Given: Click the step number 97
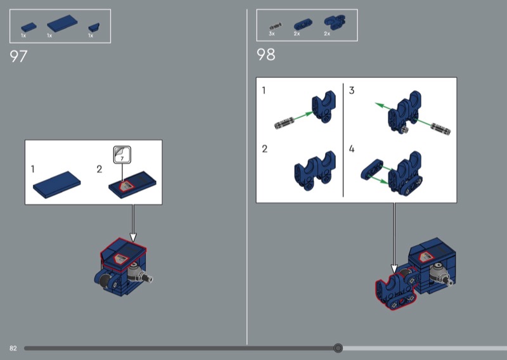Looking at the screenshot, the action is tap(18, 56).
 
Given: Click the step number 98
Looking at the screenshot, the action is tap(266, 55).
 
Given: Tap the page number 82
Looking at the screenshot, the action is tap(13, 348).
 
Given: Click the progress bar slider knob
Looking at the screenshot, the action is tap(338, 348).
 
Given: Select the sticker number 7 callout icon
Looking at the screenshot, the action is tap(122, 155).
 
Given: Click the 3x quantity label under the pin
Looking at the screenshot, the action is tap(272, 34).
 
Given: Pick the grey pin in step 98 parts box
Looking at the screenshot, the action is tap(276, 27).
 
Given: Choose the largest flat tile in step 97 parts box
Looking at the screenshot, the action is tap(62, 23).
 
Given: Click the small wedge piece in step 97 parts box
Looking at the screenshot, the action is tap(94, 27).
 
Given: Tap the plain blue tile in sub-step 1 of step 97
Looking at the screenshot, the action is tap(57, 184).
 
